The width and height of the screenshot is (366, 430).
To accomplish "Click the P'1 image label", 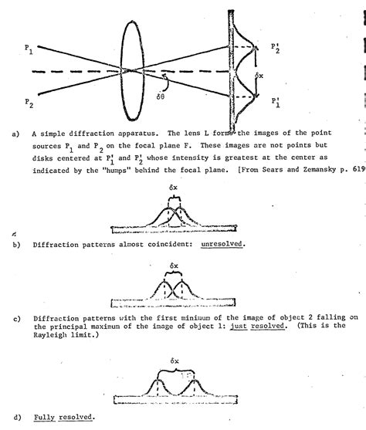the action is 276,101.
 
